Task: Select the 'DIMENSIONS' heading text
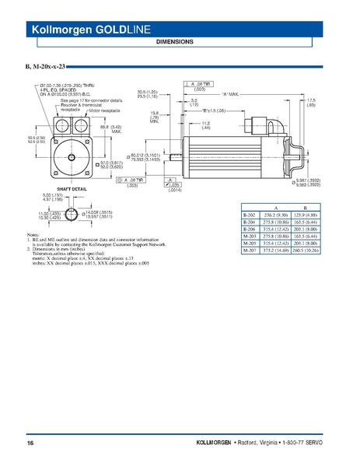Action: (180, 41)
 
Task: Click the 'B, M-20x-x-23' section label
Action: (46, 68)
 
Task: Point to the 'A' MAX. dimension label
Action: (232, 93)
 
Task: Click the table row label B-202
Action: (249, 214)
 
